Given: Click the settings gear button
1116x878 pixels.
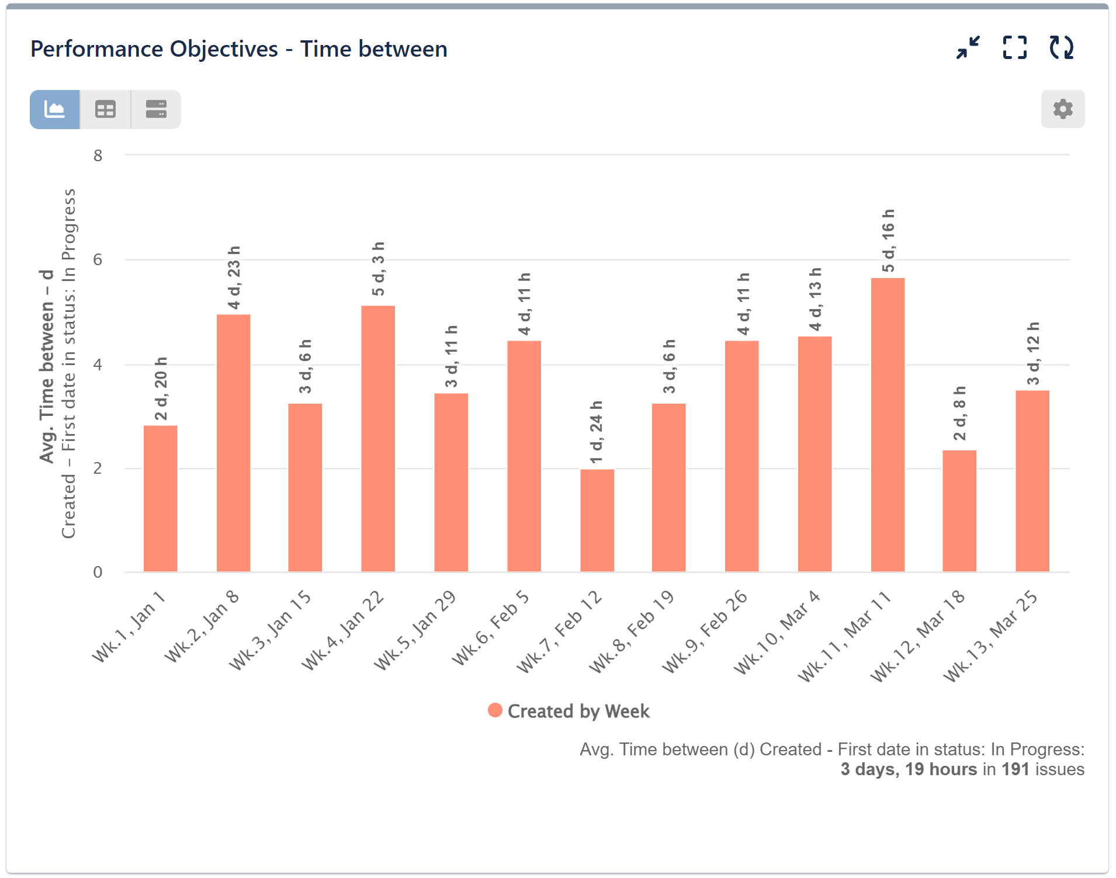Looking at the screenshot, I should click(1062, 109).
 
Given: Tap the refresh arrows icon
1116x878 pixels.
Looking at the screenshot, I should click(1061, 48).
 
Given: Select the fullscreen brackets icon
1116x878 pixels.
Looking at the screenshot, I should click(1014, 48).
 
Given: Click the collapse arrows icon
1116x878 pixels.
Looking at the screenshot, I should click(968, 48).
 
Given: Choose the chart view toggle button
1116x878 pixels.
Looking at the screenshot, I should click(55, 109).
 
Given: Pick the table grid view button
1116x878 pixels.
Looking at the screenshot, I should click(105, 109).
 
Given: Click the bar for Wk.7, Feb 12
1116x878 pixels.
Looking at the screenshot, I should click(597, 520).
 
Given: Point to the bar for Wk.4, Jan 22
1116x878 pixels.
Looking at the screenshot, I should click(377, 438).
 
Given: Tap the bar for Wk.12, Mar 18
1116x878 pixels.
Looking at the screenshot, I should click(959, 511).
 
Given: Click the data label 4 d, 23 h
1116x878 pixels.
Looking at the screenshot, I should click(234, 277).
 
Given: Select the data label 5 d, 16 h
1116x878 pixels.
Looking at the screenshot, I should click(888, 241).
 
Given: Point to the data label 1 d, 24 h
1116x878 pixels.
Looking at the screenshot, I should click(596, 432).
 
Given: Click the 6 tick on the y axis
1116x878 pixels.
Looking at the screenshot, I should click(98, 259).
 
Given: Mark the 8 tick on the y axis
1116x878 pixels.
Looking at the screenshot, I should click(98, 155).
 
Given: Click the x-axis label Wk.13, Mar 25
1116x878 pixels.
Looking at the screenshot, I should click(991, 636).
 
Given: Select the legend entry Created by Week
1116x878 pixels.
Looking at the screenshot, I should click(569, 711).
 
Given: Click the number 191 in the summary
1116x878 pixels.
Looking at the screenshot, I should click(1015, 769).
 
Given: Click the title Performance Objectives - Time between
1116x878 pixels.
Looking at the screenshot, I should click(238, 49).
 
